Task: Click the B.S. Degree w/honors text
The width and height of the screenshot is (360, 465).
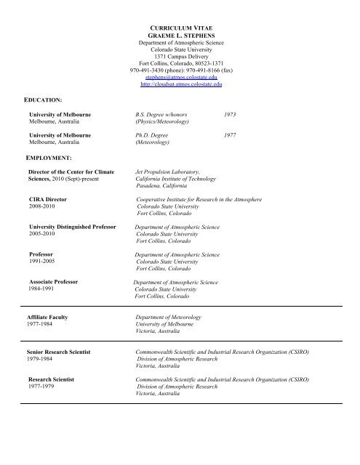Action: (x=162, y=115)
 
